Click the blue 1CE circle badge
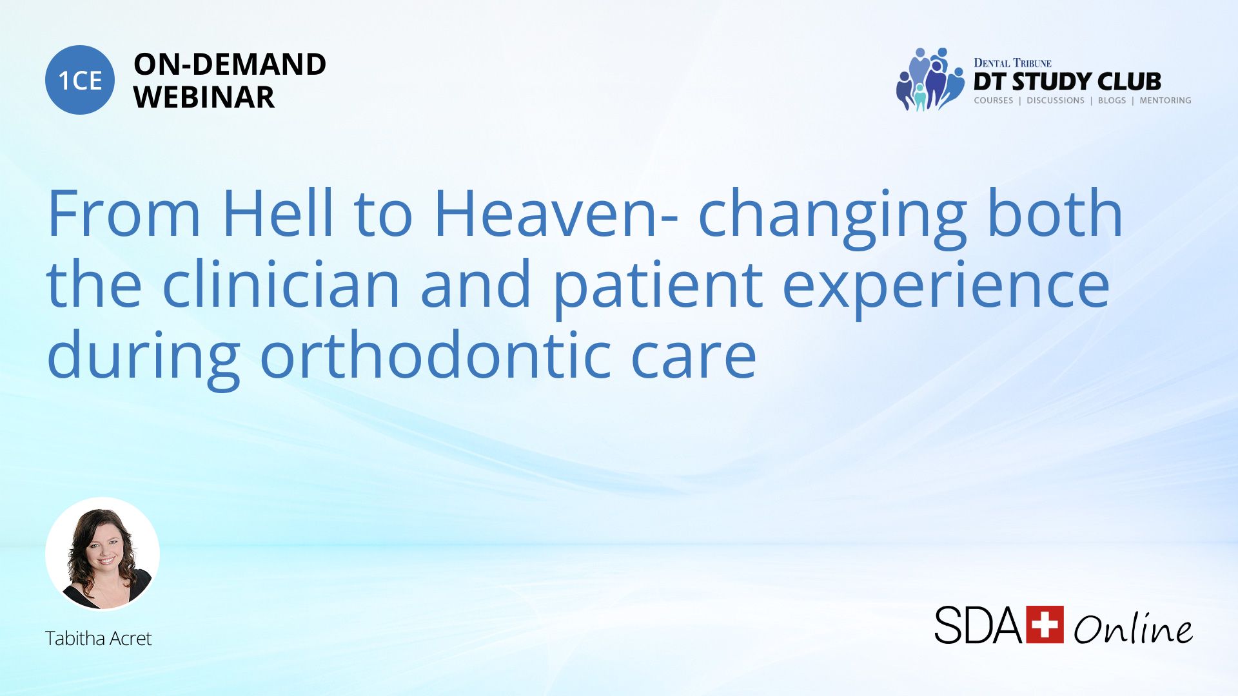pos(80,80)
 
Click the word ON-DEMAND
pos(230,64)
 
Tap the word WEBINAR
pos(204,97)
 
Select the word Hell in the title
pos(278,213)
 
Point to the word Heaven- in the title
pos(556,213)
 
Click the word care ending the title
pos(693,360)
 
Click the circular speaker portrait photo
pos(103,554)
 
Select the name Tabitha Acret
pos(98,638)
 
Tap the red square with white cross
pos(1045,624)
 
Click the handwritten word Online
pos(1133,627)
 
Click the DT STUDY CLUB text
pos(1067,81)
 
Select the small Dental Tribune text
pos(1012,63)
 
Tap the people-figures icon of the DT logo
pos(929,79)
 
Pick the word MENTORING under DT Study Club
pos(1165,101)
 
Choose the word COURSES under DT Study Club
pos(993,101)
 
